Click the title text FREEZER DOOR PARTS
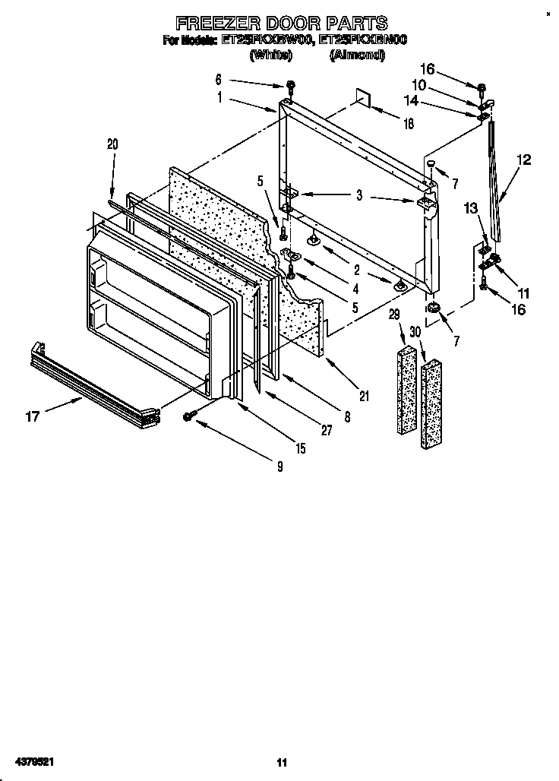(x=282, y=24)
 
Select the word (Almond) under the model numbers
(x=355, y=55)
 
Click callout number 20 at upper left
(x=112, y=144)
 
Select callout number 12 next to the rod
(x=524, y=160)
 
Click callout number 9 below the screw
(x=279, y=466)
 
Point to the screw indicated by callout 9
(x=190, y=416)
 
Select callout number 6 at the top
(x=219, y=79)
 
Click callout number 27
(x=327, y=431)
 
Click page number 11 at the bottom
(x=281, y=763)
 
